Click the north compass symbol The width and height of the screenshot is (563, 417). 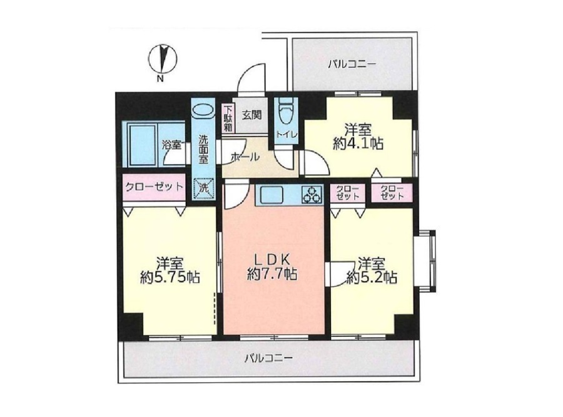tap(162, 59)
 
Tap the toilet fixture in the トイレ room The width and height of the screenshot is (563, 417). tap(287, 110)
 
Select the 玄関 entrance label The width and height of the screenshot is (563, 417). tap(251, 115)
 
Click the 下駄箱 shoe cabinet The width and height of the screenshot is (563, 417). tap(228, 118)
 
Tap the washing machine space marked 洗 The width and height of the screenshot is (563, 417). tap(203, 188)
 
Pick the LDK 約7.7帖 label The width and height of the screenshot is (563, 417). tap(272, 267)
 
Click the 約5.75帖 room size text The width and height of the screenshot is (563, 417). tap(170, 277)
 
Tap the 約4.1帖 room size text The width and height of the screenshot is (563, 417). tap(358, 143)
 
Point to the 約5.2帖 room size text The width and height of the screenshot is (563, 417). tap(372, 277)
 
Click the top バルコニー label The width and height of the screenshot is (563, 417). tap(352, 64)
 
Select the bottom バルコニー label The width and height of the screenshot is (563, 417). tap(269, 358)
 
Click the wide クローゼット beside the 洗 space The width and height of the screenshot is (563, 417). tap(155, 188)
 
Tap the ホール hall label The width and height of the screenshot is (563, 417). tap(245, 157)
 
